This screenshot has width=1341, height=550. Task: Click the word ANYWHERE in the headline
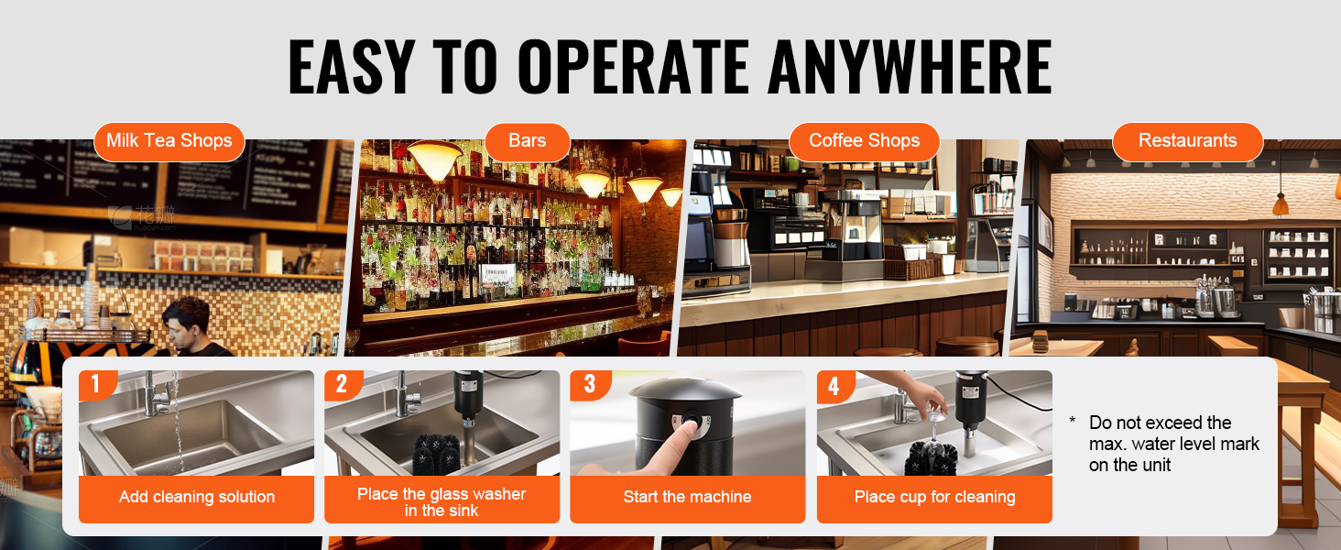[x=910, y=66]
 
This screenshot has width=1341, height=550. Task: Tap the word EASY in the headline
[x=352, y=66]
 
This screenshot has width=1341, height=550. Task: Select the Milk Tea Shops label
[x=169, y=141]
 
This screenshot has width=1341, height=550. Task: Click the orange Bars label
[x=528, y=141]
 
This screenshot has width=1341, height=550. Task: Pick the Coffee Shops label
[x=865, y=141]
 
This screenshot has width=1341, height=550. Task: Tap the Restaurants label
[x=1188, y=141]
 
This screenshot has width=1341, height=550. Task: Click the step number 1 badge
[x=96, y=383]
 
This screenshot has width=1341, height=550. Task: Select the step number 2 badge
[x=342, y=383]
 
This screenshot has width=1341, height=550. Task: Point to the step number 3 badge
[x=589, y=383]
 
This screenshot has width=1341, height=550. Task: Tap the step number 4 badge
[x=834, y=385]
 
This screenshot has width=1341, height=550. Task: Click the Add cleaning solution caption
[x=196, y=497]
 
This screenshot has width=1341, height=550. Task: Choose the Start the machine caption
[x=687, y=497]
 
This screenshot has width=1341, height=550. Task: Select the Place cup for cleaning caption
[x=934, y=497]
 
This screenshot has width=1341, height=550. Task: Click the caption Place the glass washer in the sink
[x=442, y=502]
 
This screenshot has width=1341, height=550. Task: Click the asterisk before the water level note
[x=1073, y=420]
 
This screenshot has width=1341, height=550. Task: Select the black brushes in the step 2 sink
[x=436, y=454]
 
